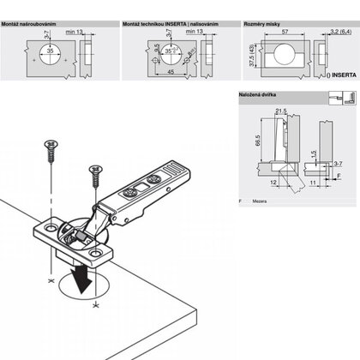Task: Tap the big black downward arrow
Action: (x=83, y=277)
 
